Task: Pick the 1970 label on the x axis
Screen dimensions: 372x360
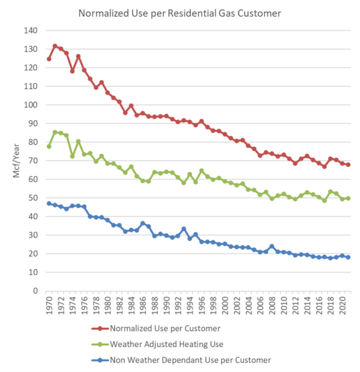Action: click(49, 306)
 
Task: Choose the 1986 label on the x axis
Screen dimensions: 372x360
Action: click(143, 306)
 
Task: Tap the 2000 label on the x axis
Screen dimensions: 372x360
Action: click(225, 306)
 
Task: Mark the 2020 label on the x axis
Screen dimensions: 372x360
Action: click(342, 306)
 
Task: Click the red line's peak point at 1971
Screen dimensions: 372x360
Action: click(55, 46)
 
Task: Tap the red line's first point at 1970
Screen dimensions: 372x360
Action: click(49, 59)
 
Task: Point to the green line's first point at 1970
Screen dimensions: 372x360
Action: click(49, 146)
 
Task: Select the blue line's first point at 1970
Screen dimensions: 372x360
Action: click(49, 203)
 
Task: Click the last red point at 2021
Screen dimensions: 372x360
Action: click(348, 165)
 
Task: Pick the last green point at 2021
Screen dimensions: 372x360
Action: click(348, 198)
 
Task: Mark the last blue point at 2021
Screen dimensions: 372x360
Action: click(348, 257)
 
